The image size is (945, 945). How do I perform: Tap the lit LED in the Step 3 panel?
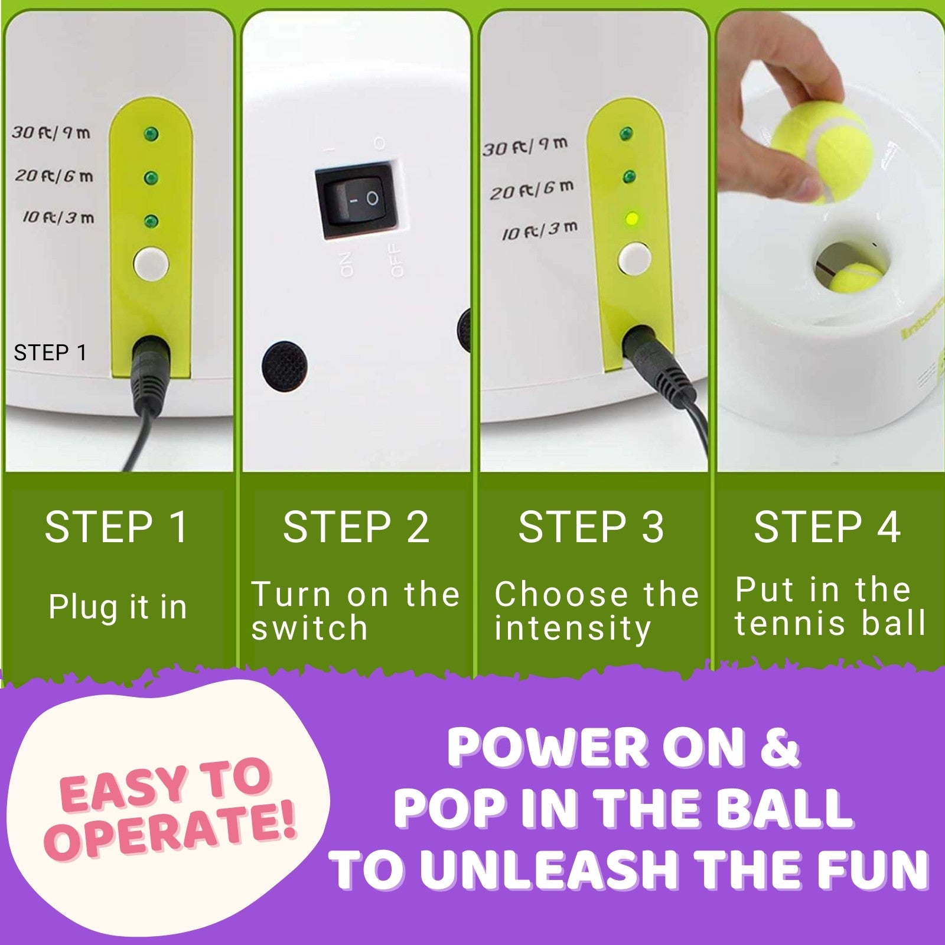click(631, 220)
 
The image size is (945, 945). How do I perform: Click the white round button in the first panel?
click(151, 264)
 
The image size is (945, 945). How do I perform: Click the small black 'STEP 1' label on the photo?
click(50, 353)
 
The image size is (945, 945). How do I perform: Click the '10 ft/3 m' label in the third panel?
click(539, 230)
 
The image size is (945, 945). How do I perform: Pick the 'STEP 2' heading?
click(356, 527)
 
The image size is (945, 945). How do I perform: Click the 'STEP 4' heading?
click(827, 527)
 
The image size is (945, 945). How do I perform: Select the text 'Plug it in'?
click(118, 607)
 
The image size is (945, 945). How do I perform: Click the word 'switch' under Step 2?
click(309, 627)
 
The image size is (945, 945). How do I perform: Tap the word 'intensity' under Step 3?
click(572, 628)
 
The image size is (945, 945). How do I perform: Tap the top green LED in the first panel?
click(151, 134)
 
